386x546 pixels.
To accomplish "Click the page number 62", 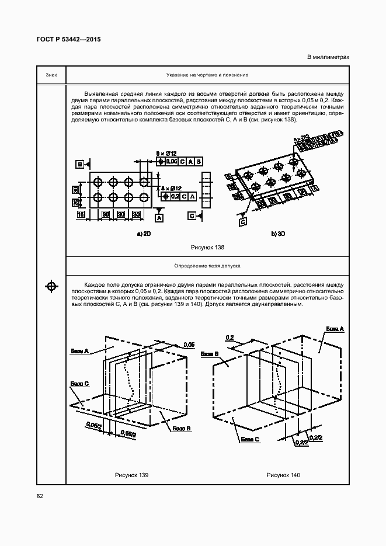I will click(40, 496).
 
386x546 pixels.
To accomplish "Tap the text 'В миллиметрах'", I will click(328, 57).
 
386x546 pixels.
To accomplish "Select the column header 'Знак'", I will click(51, 75).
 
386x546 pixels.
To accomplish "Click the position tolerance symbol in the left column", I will click(51, 286).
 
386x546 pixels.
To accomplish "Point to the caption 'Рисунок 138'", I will click(207, 247).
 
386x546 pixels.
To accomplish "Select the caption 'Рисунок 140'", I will click(283, 475).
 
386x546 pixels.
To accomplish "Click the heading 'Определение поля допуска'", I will click(207, 266).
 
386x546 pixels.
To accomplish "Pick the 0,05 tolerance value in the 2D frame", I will click(172, 161).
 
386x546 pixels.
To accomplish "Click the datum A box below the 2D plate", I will click(158, 218).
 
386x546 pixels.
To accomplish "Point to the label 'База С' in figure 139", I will click(79, 384).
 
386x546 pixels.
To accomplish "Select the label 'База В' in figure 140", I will click(208, 354).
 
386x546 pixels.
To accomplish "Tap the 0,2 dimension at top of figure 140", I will click(229, 338).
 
